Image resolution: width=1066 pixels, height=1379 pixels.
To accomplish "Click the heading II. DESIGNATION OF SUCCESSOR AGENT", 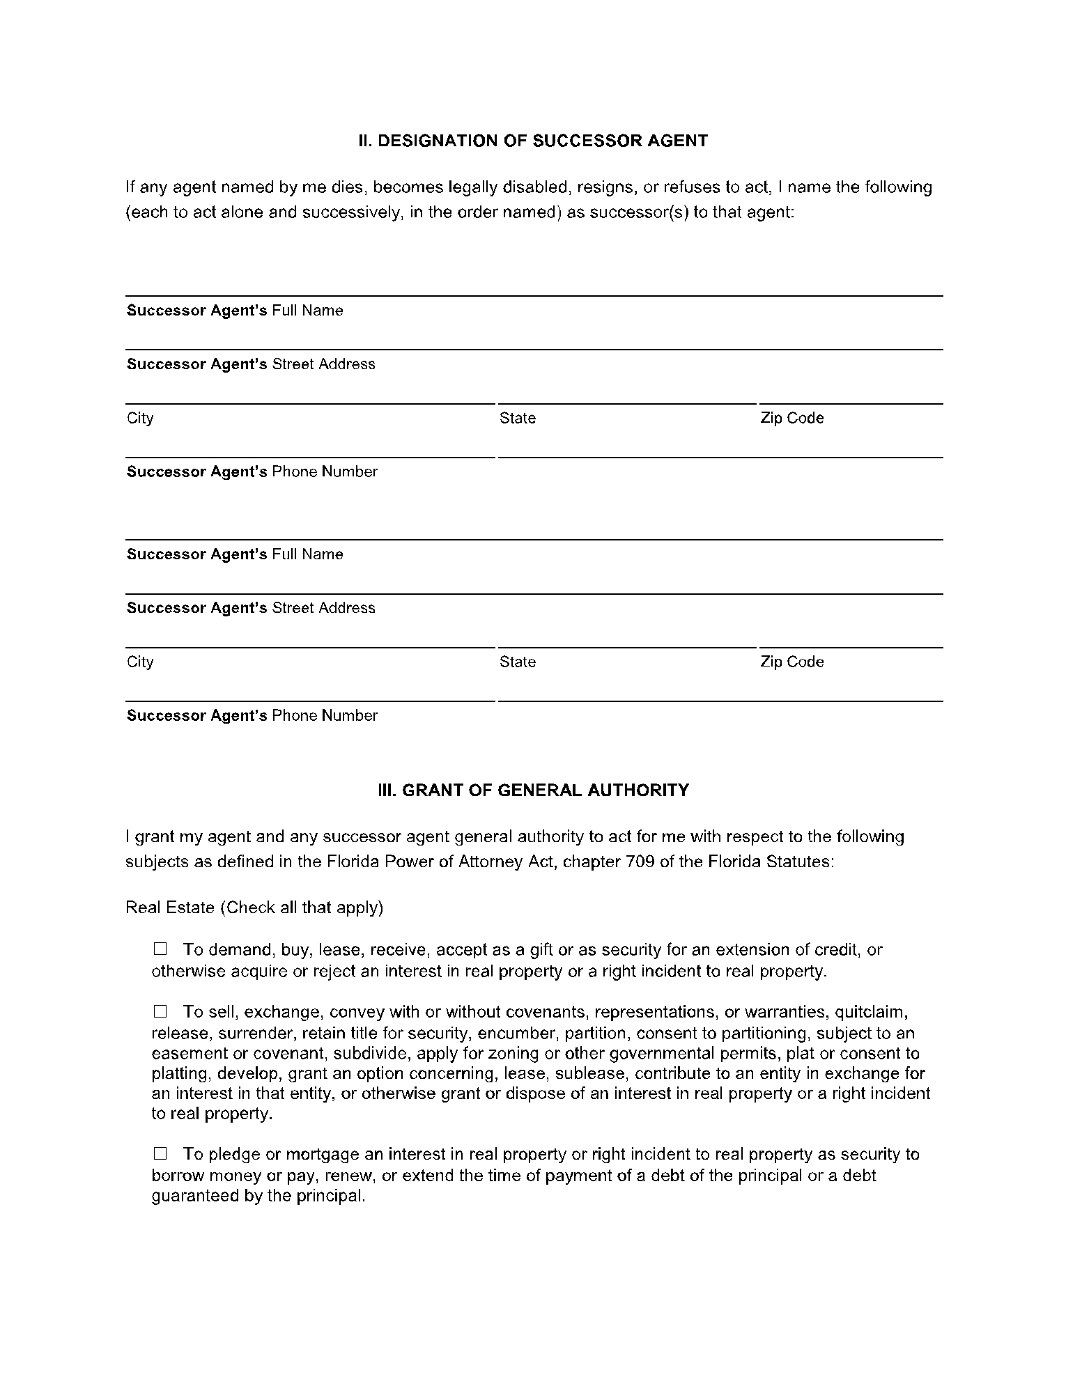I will coord(533,141).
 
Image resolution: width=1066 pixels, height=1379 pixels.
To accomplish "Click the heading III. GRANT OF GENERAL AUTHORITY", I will coord(533,790).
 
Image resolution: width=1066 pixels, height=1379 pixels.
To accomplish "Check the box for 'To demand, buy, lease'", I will coord(161,949).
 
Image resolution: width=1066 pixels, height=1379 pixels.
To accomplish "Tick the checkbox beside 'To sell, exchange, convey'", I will coord(161,1011).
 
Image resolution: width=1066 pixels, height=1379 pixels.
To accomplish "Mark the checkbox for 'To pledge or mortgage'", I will coord(161,1153).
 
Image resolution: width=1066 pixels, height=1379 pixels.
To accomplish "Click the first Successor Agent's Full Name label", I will coord(235,311).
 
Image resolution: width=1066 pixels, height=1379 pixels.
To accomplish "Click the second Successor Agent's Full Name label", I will coord(235,554).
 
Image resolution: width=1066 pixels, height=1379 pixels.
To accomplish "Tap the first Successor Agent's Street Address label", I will coord(251,364).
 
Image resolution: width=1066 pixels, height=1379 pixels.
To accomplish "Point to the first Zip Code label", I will coord(792,418).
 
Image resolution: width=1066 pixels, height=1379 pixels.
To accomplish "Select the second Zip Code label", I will coord(792,662).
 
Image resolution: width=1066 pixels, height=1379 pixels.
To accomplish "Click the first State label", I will coord(518,418).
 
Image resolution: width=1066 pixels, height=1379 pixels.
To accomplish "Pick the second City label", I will coord(140,662).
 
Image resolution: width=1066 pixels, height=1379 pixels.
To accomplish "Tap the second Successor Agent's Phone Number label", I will coord(252,715).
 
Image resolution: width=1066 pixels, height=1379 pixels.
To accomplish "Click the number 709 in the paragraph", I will coord(640,862).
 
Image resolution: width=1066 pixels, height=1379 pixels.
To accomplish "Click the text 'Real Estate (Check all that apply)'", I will coord(254,907).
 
